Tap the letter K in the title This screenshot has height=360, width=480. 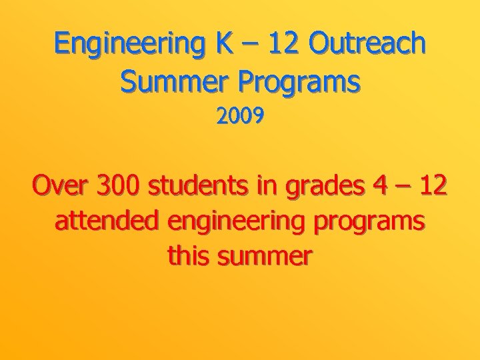225,44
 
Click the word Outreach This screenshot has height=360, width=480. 368,44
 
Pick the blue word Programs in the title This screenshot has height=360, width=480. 301,83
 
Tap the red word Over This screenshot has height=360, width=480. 61,187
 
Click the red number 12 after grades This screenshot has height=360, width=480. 433,187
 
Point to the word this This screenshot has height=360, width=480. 189,255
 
